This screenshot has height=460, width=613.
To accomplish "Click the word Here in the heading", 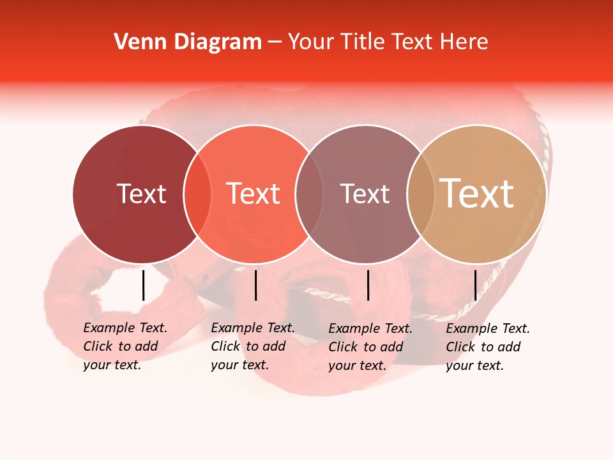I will click(464, 42).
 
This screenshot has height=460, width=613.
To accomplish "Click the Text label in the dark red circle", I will click(141, 194).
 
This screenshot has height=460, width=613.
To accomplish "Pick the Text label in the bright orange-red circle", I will click(254, 194).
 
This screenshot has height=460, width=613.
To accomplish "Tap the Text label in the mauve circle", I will click(365, 194).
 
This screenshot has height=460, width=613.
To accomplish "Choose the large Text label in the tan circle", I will click(477, 193).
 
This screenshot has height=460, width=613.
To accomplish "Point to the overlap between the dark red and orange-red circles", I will click(197, 194).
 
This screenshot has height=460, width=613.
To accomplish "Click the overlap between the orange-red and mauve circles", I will click(309, 194).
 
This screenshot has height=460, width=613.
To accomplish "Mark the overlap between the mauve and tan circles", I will click(421, 194).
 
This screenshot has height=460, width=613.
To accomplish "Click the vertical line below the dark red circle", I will click(143, 285).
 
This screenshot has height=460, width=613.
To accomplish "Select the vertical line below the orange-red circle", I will click(255, 285).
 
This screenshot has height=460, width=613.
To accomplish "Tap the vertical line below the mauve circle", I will click(368, 285).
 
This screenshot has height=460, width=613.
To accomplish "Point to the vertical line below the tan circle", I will click(475, 285).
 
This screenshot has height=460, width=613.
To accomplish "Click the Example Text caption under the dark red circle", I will click(125, 346).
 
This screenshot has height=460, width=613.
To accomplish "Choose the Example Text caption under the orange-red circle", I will click(252, 346).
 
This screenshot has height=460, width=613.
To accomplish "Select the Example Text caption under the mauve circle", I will click(370, 347).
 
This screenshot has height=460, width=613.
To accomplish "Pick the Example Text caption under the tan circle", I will click(487, 347).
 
